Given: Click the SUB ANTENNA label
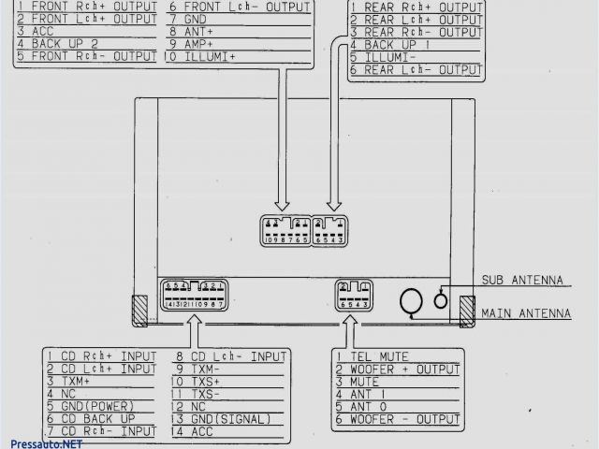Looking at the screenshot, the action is [x=522, y=280].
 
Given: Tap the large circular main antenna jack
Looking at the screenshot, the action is [x=412, y=301].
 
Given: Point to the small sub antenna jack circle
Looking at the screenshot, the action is [x=441, y=300].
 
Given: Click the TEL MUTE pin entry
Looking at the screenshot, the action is [x=378, y=355].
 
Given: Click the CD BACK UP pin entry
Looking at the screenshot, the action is [x=94, y=418].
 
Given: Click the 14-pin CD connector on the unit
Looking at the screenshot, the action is [x=192, y=295].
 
